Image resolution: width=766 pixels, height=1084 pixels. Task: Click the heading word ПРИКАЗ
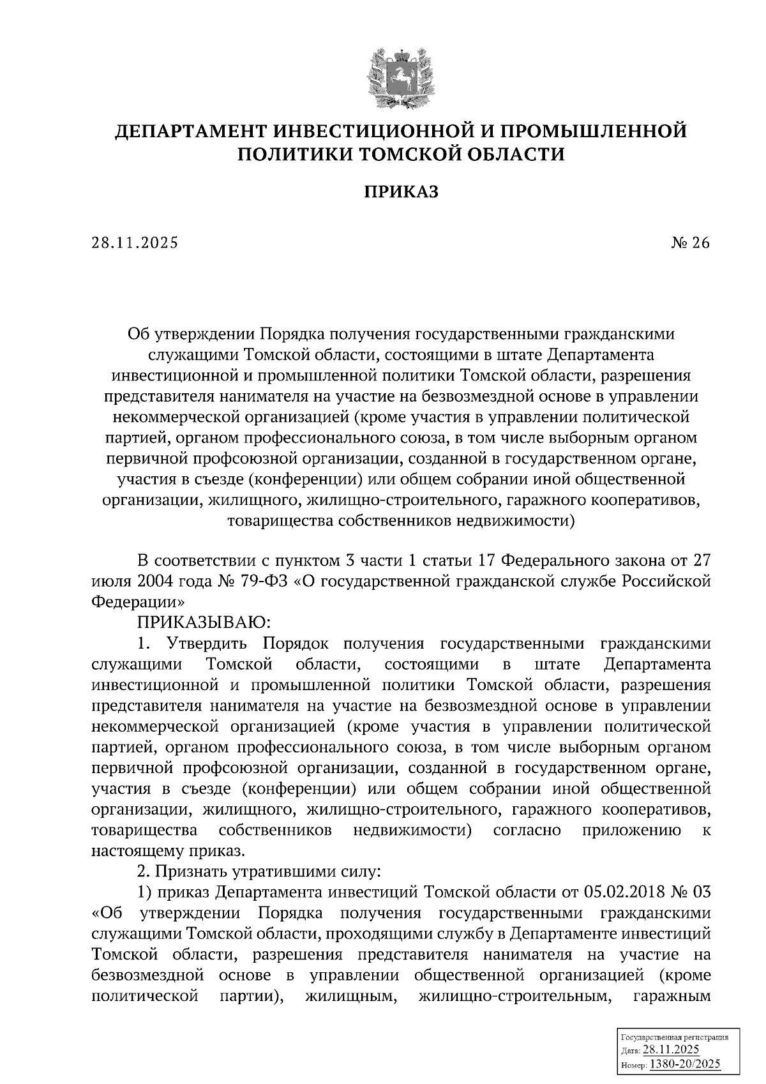tap(402, 192)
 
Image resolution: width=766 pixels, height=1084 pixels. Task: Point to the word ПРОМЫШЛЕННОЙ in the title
tap(593, 132)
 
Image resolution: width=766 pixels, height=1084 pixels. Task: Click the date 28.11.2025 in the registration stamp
tap(671, 1050)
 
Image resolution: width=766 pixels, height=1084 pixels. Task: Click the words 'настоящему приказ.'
tap(167, 851)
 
